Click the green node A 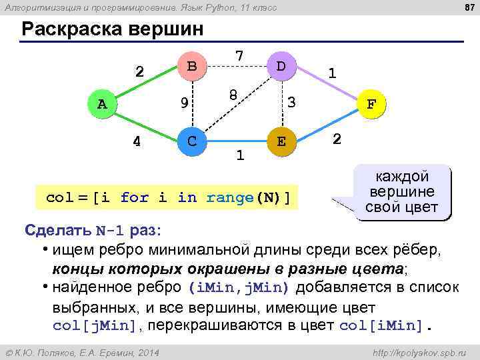102,104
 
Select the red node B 192,67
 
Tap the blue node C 192,141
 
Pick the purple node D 281,67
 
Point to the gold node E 281,141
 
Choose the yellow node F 371,104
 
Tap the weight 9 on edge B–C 184,103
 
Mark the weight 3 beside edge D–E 291,102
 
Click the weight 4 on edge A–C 136,141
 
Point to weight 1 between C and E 240,155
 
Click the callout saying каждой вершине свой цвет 402,192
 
